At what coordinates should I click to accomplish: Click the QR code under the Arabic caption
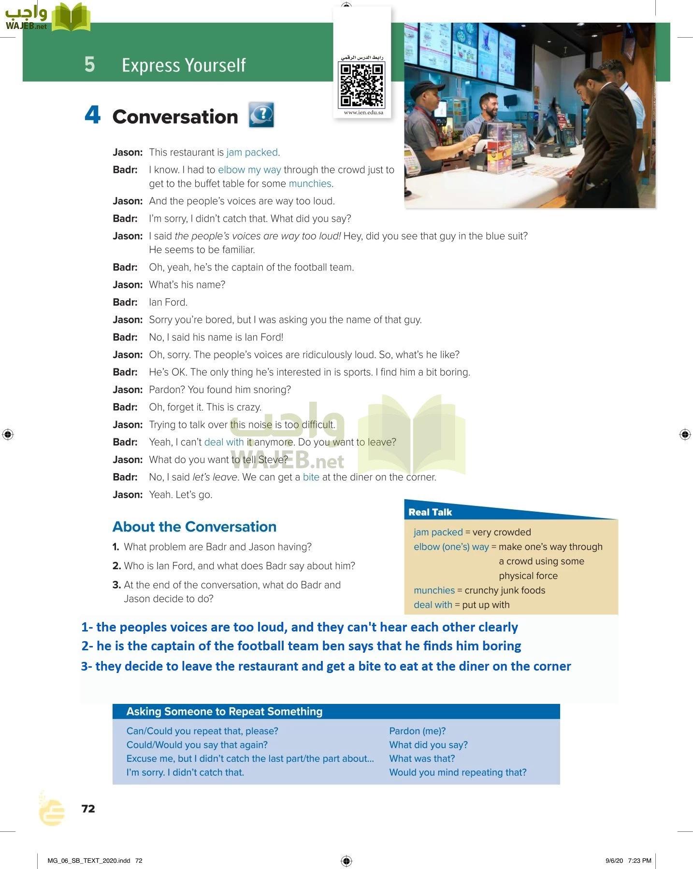362,85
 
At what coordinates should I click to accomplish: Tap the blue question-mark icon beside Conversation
261,114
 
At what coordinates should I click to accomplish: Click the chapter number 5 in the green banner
89,65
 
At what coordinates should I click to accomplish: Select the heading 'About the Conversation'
194,527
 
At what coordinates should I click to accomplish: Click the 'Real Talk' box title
430,512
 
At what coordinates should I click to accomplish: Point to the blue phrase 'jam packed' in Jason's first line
252,153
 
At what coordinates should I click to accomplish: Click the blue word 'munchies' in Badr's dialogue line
310,184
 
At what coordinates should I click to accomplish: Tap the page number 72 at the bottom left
88,809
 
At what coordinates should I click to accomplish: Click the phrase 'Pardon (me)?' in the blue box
417,731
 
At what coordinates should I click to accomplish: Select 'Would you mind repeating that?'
458,772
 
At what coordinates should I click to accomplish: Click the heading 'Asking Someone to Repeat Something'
224,712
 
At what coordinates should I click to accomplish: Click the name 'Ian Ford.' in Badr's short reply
168,302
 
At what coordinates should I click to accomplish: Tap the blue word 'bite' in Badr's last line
311,477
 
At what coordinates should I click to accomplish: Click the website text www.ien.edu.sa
363,112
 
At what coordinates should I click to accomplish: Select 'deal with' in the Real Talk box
433,605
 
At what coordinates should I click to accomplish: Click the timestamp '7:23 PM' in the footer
639,860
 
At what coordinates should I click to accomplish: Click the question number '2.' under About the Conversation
116,566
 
